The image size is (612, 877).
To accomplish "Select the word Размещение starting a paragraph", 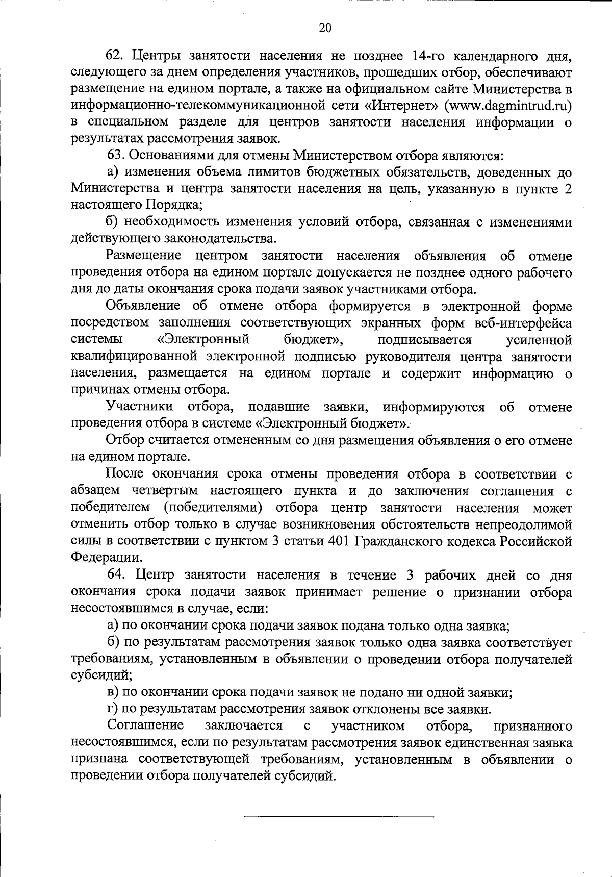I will click(x=144, y=255).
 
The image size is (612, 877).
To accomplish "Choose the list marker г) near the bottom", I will click(x=113, y=709).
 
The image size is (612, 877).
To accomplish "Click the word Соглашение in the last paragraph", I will click(x=145, y=725).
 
